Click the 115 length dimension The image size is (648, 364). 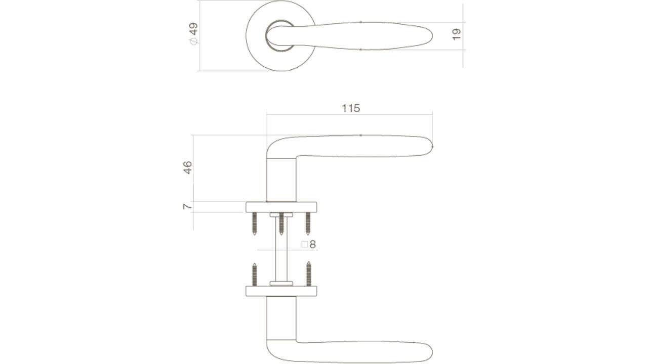click(x=351, y=108)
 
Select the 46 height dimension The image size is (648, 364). click(x=188, y=167)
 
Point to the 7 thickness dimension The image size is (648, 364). click(x=188, y=206)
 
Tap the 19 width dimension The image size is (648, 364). click(x=456, y=34)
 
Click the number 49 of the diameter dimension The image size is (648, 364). click(x=193, y=29)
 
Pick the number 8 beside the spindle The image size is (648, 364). click(x=313, y=245)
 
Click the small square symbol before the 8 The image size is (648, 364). click(x=305, y=245)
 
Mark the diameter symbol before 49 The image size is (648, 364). click(x=193, y=41)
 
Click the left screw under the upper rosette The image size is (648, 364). click(x=255, y=223)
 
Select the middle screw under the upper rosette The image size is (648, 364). click(x=281, y=223)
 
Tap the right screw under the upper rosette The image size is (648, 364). click(x=307, y=223)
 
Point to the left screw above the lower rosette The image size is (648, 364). click(x=255, y=275)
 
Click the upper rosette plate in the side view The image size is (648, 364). click(x=281, y=207)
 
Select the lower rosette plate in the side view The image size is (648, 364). click(x=281, y=291)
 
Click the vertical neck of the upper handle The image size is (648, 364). click(x=281, y=179)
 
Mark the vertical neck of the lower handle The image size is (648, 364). click(x=281, y=318)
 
